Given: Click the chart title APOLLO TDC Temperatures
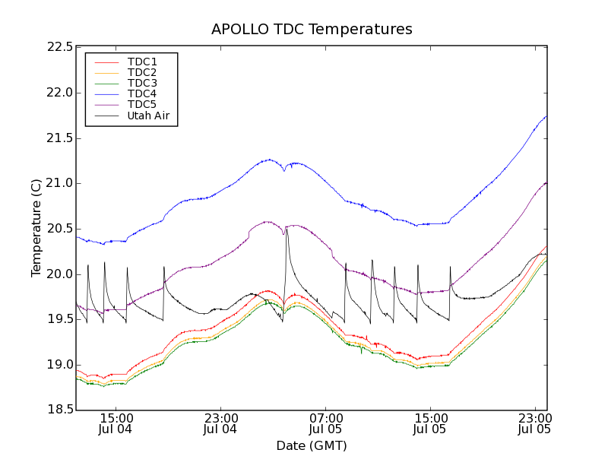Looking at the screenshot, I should [312, 30].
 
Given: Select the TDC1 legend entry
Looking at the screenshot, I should [142, 62].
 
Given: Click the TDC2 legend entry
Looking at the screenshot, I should [142, 72].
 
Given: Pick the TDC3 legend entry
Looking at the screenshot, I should [142, 83].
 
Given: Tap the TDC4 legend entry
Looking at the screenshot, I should [142, 94].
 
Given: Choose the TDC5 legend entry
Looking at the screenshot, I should [142, 105].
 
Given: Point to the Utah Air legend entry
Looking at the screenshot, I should [147, 116].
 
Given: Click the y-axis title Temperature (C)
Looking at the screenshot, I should [36, 228].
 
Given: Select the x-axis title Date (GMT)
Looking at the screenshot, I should [312, 445].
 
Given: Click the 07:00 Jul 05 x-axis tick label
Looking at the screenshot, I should [325, 423].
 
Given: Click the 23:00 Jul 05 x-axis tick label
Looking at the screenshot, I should [535, 423].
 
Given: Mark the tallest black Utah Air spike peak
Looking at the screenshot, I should [287, 227].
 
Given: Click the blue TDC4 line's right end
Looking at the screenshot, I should [546, 116].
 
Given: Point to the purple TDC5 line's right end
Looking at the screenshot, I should [546, 182].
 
